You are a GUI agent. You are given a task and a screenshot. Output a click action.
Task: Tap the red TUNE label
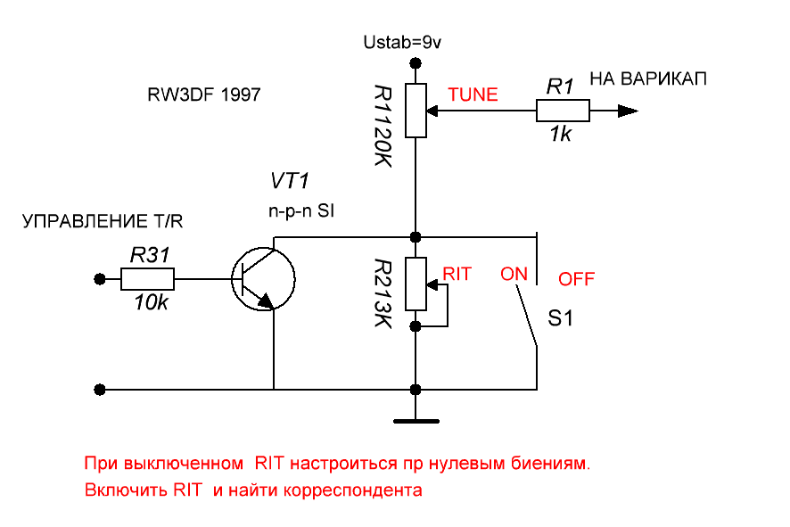[473, 94]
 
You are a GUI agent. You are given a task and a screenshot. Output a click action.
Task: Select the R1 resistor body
[563, 111]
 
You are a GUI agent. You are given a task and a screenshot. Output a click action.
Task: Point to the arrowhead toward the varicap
[628, 111]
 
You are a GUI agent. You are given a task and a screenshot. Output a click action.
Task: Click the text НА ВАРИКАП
[648, 78]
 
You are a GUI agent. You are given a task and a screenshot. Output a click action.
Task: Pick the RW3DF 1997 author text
[204, 95]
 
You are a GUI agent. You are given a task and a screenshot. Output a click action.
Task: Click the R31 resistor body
[147, 280]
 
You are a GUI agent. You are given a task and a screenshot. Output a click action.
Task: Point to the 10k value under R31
[148, 302]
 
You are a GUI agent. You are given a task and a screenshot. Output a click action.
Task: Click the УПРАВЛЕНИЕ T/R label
[108, 221]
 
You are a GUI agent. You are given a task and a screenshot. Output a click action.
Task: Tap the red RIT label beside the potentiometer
[457, 274]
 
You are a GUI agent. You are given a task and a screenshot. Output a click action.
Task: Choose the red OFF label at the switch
[577, 279]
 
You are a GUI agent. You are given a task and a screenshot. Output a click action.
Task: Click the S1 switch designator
[560, 318]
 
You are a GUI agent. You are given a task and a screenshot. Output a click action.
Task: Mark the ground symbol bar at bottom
[416, 418]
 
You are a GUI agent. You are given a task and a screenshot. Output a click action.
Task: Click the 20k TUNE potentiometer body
[416, 111]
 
